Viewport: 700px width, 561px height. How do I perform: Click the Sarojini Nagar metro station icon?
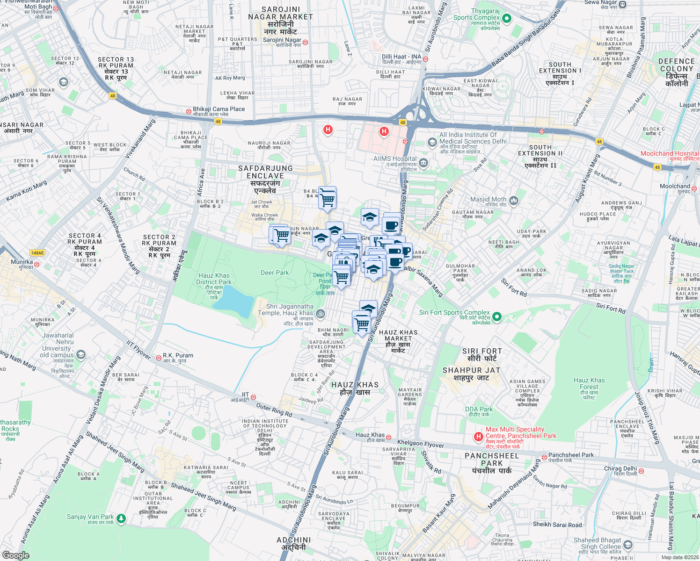click(305, 42)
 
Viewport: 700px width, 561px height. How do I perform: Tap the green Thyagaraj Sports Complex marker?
click(506, 19)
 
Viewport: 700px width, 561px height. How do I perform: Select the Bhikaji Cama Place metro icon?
click(188, 111)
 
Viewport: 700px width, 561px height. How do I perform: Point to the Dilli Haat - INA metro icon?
click(425, 59)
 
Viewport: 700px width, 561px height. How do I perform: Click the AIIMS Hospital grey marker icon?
click(423, 163)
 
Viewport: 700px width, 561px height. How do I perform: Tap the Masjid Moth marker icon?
click(514, 201)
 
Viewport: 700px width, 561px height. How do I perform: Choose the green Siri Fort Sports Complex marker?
click(497, 317)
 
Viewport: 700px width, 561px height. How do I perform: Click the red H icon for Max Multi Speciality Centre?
click(478, 437)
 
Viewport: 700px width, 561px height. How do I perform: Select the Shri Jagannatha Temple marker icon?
click(320, 313)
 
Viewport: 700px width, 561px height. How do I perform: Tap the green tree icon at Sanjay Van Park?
click(121, 518)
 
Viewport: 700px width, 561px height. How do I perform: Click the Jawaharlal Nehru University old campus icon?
click(81, 355)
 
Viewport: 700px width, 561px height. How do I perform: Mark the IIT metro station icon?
click(253, 397)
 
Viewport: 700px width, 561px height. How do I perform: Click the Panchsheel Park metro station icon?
click(544, 457)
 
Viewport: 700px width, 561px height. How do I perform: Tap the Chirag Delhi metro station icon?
click(641, 471)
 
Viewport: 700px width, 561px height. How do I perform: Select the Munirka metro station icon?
click(36, 264)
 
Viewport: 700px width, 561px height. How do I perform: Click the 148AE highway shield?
click(37, 253)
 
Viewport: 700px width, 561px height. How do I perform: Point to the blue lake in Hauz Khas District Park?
click(233, 301)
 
